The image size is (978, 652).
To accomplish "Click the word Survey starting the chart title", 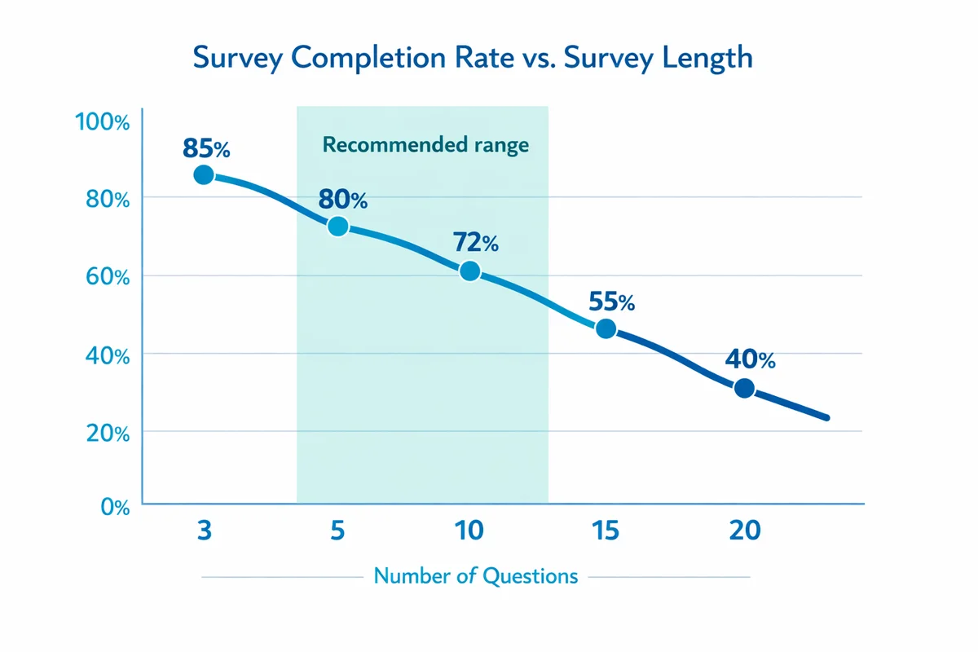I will coord(236,60).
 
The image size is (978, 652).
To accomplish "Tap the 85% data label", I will coord(207,148).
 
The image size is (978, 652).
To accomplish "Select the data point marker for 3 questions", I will coord(204,174).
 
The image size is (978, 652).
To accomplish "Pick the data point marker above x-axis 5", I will coord(337,227).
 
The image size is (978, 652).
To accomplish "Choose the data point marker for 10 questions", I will coord(469,271).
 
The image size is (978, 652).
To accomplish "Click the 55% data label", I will coord(611,302).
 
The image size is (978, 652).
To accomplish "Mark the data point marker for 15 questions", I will coord(606,328).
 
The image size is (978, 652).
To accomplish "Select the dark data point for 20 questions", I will coord(743,388).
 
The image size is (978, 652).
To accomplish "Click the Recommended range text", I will coord(425,146).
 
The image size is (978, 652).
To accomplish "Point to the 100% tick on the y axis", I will coord(102,123).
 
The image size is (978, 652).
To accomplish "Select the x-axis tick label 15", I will coord(606,531).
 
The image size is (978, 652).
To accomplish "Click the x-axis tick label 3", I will coord(204,531).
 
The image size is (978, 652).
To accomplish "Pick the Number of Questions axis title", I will coord(475,576).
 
